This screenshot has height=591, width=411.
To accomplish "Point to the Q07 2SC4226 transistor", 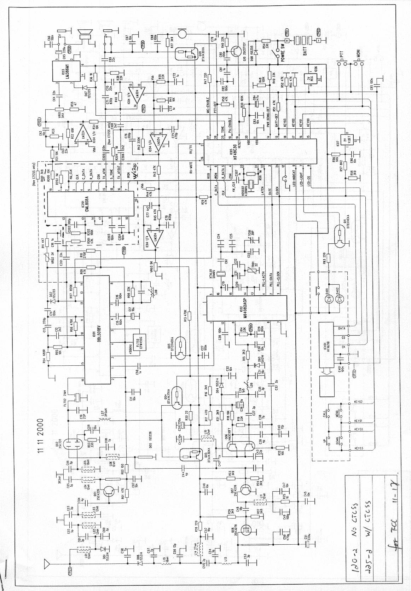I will pos(246,490).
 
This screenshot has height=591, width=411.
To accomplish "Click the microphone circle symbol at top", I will pos(183,33).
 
